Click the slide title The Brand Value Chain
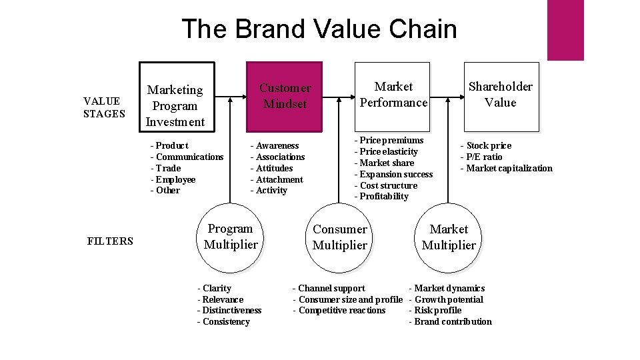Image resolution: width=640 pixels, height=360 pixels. pyautogui.click(x=319, y=29)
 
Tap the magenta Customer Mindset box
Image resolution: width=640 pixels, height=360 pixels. pyautogui.click(x=285, y=96)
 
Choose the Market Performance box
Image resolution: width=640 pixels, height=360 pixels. pyautogui.click(x=393, y=95)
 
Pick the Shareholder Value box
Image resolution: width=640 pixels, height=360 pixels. pyautogui.click(x=500, y=95)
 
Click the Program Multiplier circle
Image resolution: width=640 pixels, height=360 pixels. pyautogui.click(x=230, y=237)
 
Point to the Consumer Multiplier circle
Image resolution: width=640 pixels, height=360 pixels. pyautogui.click(x=339, y=237)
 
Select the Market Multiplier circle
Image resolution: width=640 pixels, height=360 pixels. pyautogui.click(x=449, y=237)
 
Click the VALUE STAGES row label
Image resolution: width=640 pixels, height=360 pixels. pyautogui.click(x=104, y=107)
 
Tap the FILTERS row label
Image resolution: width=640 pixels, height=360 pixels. pyautogui.click(x=110, y=241)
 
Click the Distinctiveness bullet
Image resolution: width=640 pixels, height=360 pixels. pyautogui.click(x=229, y=311)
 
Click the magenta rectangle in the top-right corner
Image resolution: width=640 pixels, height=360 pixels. pyautogui.click(x=565, y=30)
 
